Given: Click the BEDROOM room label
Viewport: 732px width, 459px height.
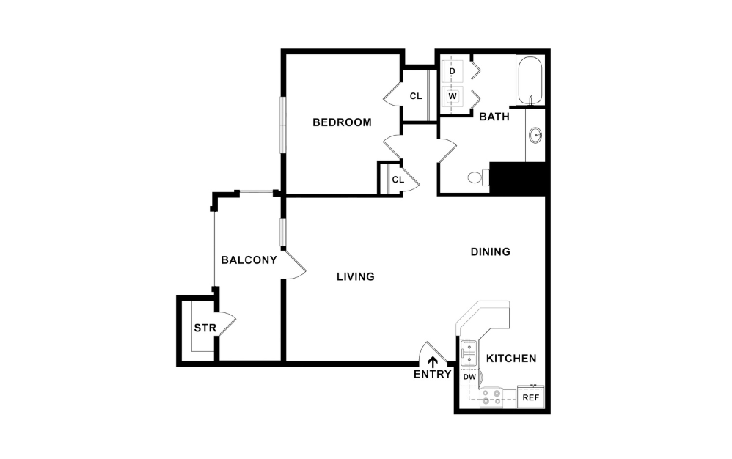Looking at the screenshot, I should (342, 122).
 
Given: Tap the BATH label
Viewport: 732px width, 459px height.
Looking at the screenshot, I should (494, 117).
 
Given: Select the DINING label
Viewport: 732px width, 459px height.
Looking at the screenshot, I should (490, 252).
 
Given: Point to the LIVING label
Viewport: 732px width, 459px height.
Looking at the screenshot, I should (356, 277).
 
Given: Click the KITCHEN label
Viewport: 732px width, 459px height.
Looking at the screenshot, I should (511, 359).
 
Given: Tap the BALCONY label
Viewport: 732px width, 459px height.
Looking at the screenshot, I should (249, 260).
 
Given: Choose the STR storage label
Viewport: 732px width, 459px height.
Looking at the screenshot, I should (205, 328).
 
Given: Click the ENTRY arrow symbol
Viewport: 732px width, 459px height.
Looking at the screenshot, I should (433, 361).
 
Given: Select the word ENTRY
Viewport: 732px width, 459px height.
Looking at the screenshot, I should (433, 375).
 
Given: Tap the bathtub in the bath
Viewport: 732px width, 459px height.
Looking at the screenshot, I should (529, 80).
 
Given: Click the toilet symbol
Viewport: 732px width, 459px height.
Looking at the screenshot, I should (477, 177).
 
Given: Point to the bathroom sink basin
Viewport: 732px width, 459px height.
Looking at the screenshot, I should (536, 136).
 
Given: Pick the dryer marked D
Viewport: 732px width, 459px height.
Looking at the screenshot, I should (453, 71).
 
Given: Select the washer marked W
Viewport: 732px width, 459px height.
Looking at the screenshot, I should (453, 95).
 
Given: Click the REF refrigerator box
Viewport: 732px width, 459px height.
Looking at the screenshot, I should (530, 397).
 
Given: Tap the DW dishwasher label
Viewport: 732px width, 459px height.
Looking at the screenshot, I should (469, 377).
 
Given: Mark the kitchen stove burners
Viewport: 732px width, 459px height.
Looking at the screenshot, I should (491, 397).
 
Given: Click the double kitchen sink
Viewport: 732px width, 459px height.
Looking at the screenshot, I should (469, 353).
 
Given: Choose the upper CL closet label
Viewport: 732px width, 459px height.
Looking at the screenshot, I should (416, 96).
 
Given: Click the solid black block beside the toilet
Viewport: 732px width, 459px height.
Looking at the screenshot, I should (518, 178).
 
